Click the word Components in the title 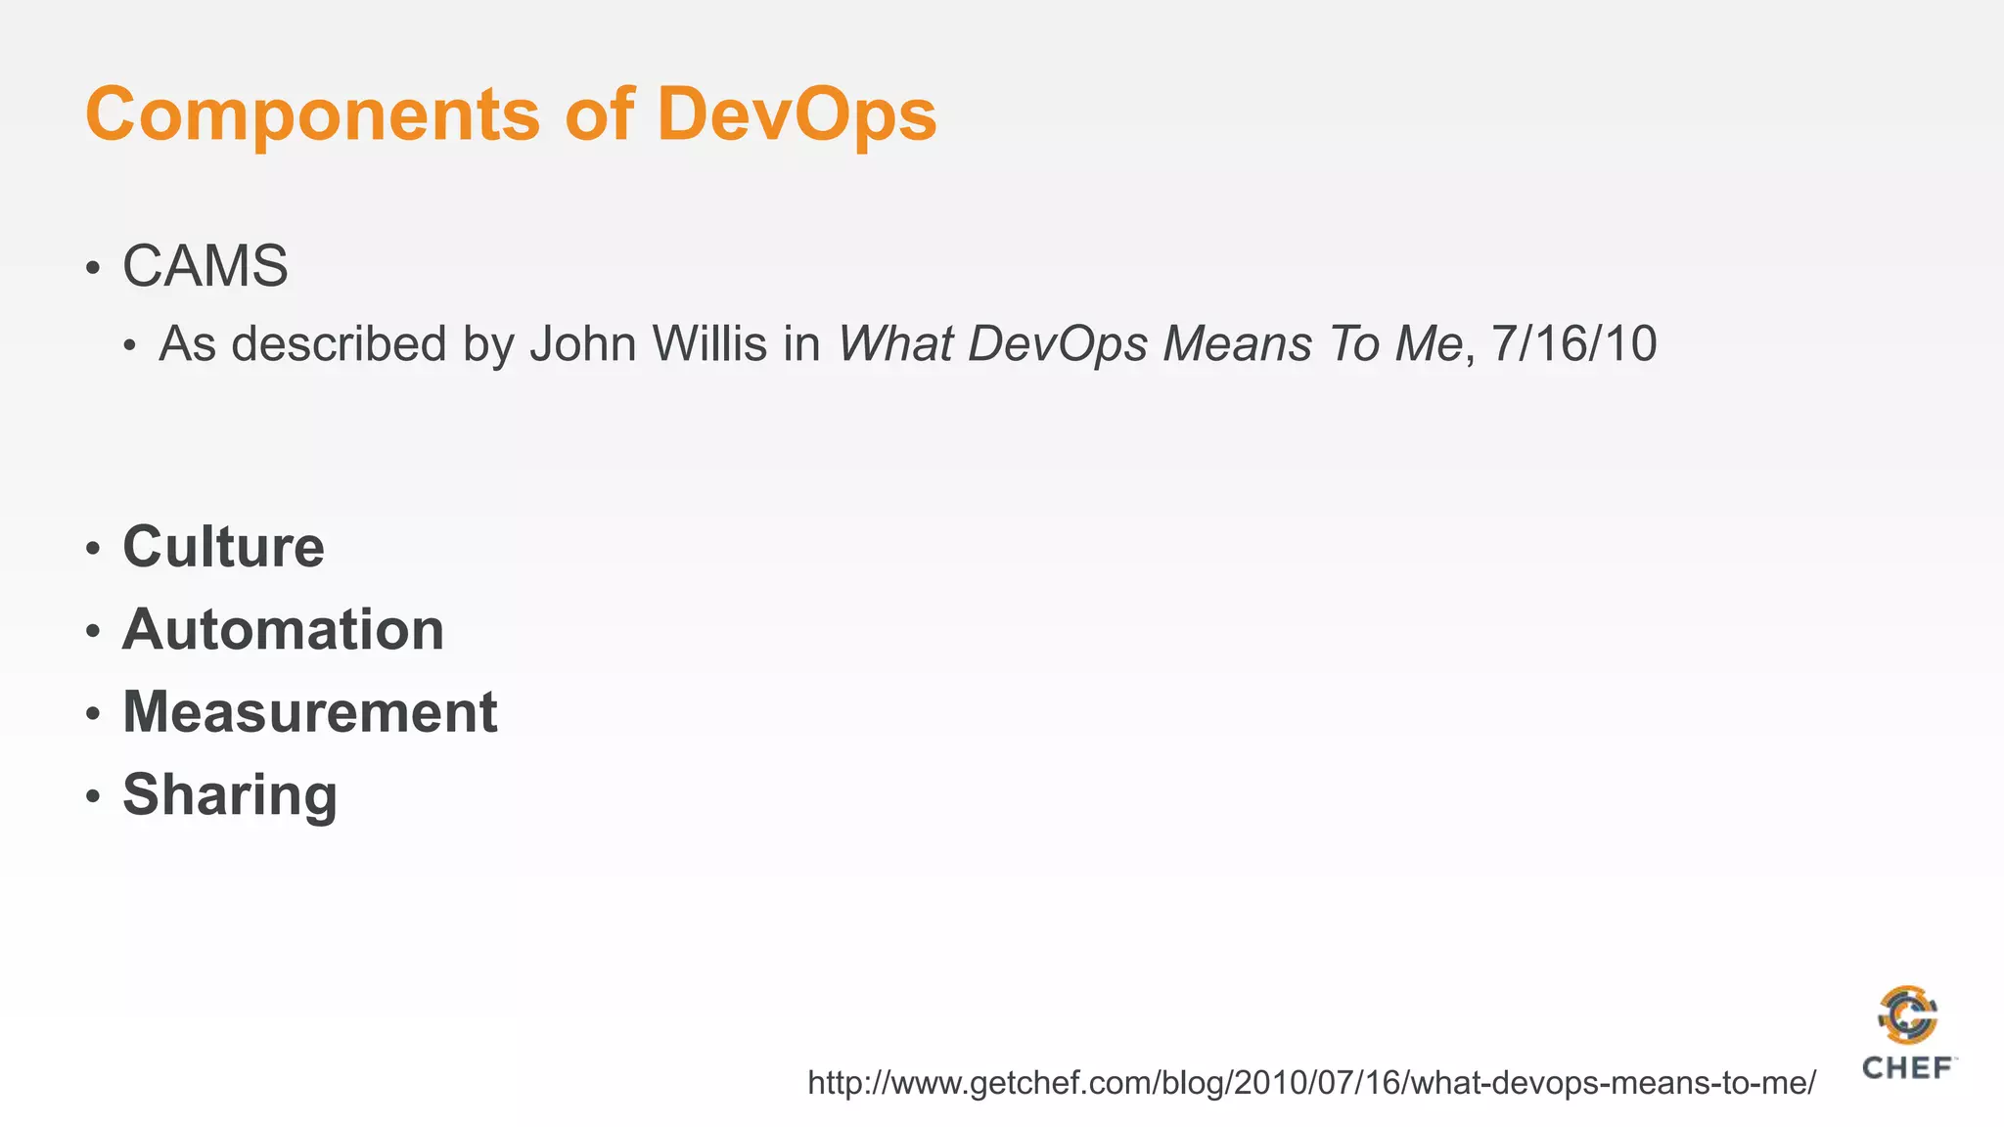pos(312,115)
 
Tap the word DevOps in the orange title pos(797,113)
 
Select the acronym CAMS pos(205,266)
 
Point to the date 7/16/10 pos(1573,344)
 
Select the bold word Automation pos(283,629)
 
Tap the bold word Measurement pos(310,711)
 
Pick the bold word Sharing pos(230,794)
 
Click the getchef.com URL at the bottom pos(1311,1083)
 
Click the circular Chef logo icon pos(1907,1015)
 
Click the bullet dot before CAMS pos(93,268)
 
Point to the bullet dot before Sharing pos(93,796)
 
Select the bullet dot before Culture pos(93,548)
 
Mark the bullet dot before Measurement pos(93,713)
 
